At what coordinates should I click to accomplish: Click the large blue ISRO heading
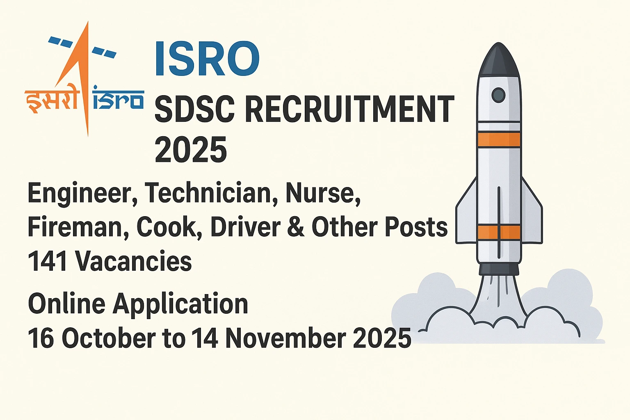click(207, 58)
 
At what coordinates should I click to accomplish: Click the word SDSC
click(194, 109)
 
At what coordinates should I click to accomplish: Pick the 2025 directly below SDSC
click(191, 150)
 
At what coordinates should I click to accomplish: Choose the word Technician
click(208, 193)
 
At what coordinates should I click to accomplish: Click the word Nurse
click(323, 193)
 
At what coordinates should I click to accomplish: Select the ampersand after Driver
click(296, 227)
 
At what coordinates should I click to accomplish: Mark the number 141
click(48, 261)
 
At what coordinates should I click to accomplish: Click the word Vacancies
click(133, 261)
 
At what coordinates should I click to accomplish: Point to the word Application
click(180, 304)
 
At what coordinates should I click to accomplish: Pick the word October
click(109, 338)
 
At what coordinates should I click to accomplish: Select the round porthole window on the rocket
click(498, 95)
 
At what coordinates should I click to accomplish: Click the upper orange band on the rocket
click(499, 139)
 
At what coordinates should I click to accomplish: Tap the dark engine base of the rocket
click(499, 269)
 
